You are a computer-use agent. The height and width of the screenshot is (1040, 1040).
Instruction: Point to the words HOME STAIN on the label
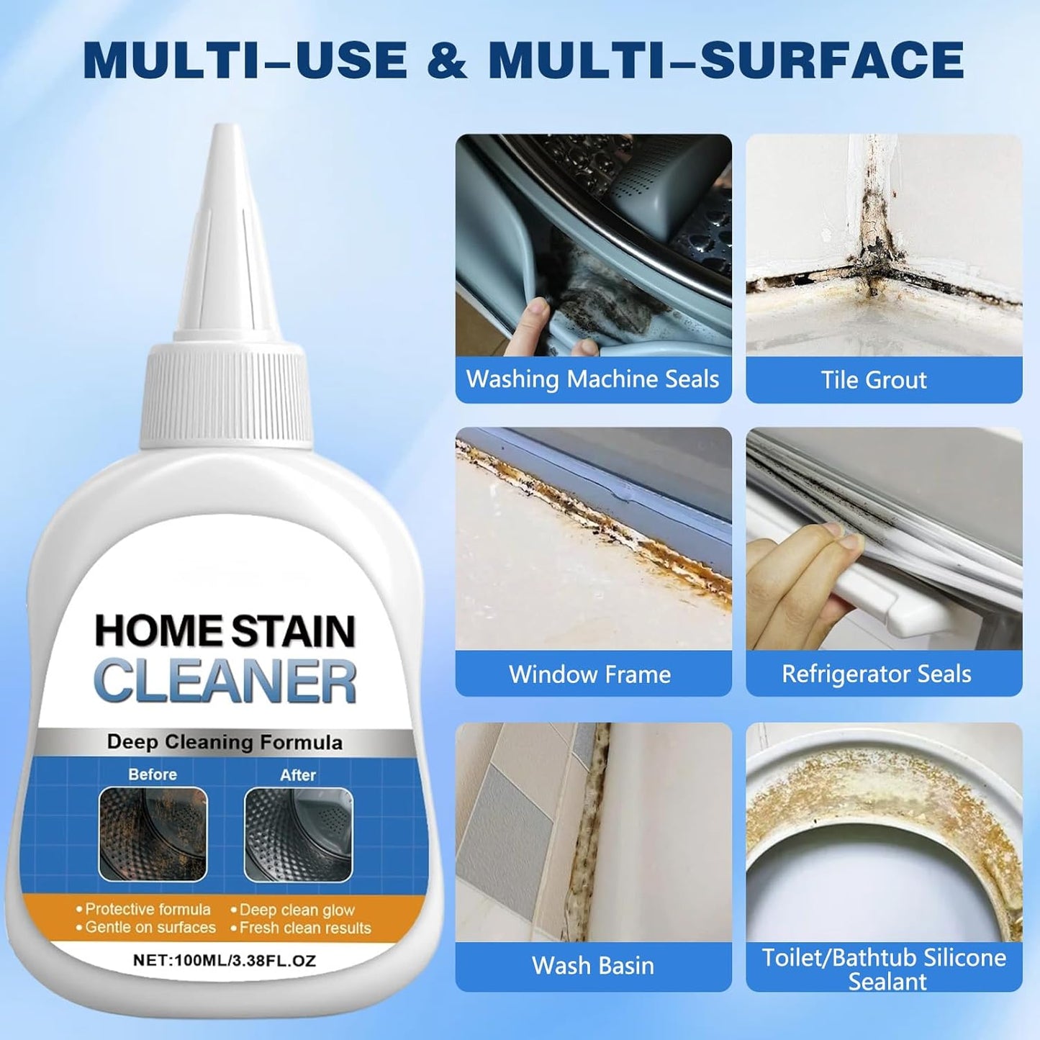coord(225,630)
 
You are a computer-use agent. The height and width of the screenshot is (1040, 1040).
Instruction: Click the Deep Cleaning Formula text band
coord(225,742)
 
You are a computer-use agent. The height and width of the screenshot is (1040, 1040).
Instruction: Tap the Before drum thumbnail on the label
coord(153,833)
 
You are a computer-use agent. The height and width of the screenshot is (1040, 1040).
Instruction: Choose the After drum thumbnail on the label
coord(298,833)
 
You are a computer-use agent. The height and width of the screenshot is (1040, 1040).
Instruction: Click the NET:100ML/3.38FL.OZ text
coord(225,960)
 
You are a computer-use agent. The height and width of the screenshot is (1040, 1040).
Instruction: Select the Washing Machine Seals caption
coord(592,379)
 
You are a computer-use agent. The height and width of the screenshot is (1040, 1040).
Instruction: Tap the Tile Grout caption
coord(874,380)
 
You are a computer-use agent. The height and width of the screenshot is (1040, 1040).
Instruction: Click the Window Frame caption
coord(590,674)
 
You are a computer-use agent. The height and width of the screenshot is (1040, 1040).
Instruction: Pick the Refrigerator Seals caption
coord(876,674)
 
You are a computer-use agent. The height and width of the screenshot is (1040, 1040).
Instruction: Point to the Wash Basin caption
coord(592,966)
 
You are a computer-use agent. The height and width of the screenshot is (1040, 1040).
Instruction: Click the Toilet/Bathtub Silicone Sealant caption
coord(884,969)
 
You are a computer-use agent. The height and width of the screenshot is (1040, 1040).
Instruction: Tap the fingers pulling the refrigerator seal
coord(799,569)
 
